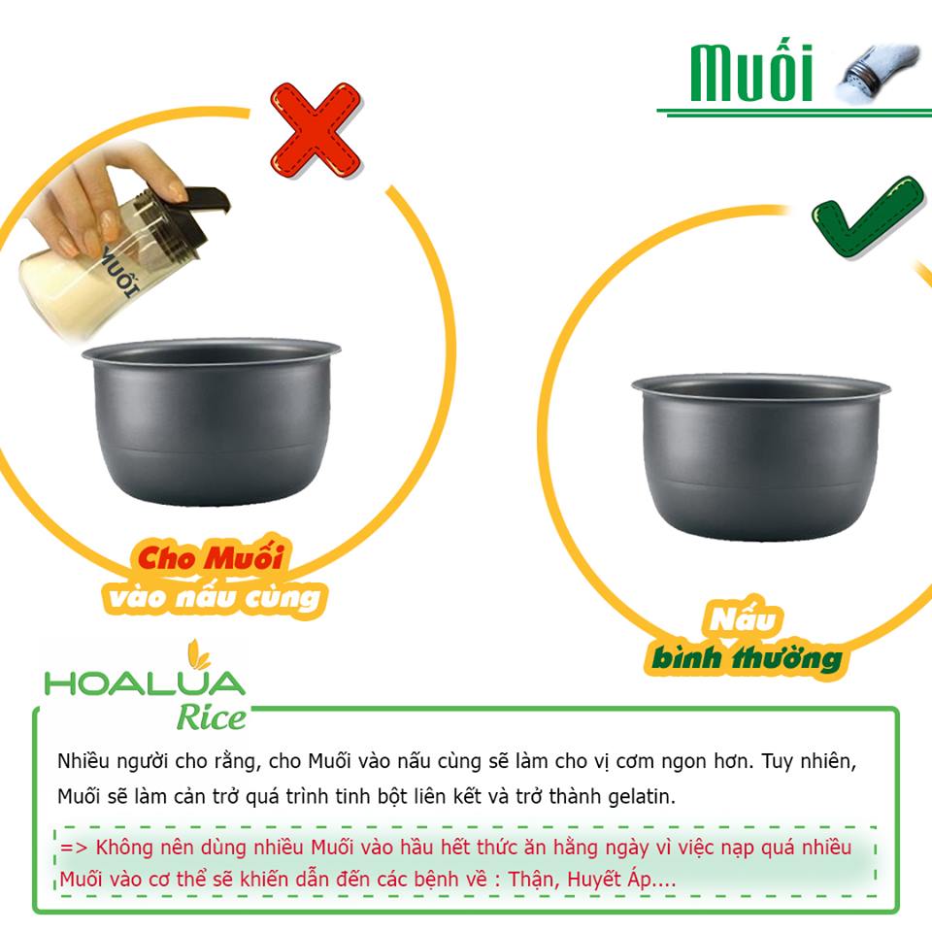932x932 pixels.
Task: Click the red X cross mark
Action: [x=316, y=130]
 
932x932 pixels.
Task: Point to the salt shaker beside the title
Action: [x=876, y=73]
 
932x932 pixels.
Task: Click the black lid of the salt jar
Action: [x=201, y=213]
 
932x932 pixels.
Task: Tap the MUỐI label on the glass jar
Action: [x=120, y=271]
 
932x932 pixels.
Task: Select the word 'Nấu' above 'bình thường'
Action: [x=743, y=618]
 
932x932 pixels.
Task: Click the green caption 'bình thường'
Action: [x=747, y=658]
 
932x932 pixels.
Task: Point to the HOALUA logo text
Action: [x=145, y=683]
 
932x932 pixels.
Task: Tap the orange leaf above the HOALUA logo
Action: [x=198, y=654]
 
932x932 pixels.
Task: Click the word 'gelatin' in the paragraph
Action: [x=642, y=797]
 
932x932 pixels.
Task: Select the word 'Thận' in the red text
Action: [x=533, y=879]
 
